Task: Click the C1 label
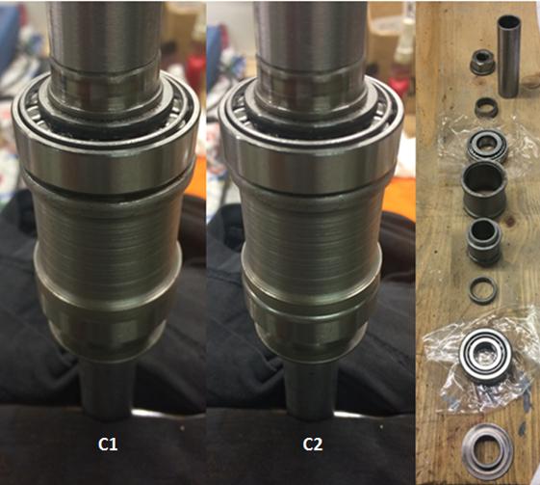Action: pyautogui.click(x=108, y=445)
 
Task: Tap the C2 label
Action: pyautogui.click(x=313, y=445)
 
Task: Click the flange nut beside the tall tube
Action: pyautogui.click(x=481, y=62)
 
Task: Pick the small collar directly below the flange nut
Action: pyautogui.click(x=485, y=107)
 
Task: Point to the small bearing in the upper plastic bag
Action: pyautogui.click(x=486, y=147)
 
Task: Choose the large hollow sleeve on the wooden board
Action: pyautogui.click(x=484, y=190)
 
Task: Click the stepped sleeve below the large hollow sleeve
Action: pyautogui.click(x=484, y=241)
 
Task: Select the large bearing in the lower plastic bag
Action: pyautogui.click(x=485, y=360)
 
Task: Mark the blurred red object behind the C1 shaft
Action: pyautogui.click(x=195, y=70)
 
